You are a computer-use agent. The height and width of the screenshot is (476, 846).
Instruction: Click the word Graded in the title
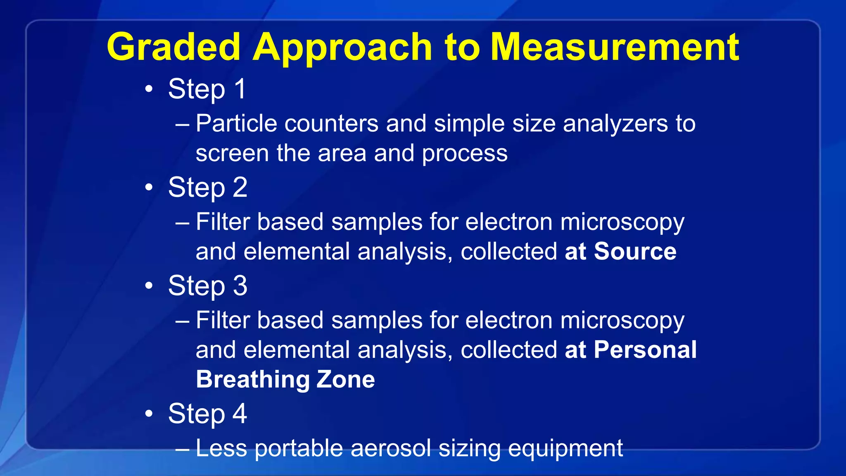[173, 48]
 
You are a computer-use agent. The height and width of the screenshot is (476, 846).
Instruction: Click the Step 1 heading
[207, 89]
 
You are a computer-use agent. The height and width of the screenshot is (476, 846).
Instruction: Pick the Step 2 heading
[208, 188]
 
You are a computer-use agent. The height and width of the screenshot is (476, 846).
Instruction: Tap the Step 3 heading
[208, 286]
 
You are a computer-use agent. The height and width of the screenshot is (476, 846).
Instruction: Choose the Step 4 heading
[208, 414]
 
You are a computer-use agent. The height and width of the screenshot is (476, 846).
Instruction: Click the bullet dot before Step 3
[149, 286]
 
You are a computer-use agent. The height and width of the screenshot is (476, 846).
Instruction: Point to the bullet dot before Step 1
[149, 89]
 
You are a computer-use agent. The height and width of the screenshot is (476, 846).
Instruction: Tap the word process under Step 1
[464, 154]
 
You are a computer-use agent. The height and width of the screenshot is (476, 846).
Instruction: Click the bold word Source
[635, 251]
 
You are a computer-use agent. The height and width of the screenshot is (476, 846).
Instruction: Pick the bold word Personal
[645, 350]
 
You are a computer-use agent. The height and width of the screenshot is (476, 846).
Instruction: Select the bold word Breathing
[253, 380]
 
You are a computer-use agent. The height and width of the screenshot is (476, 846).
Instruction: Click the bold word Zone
[345, 379]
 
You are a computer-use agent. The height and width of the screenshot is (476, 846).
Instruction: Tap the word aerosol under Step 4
[390, 448]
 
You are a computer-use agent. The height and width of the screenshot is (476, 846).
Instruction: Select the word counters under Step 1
[331, 124]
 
